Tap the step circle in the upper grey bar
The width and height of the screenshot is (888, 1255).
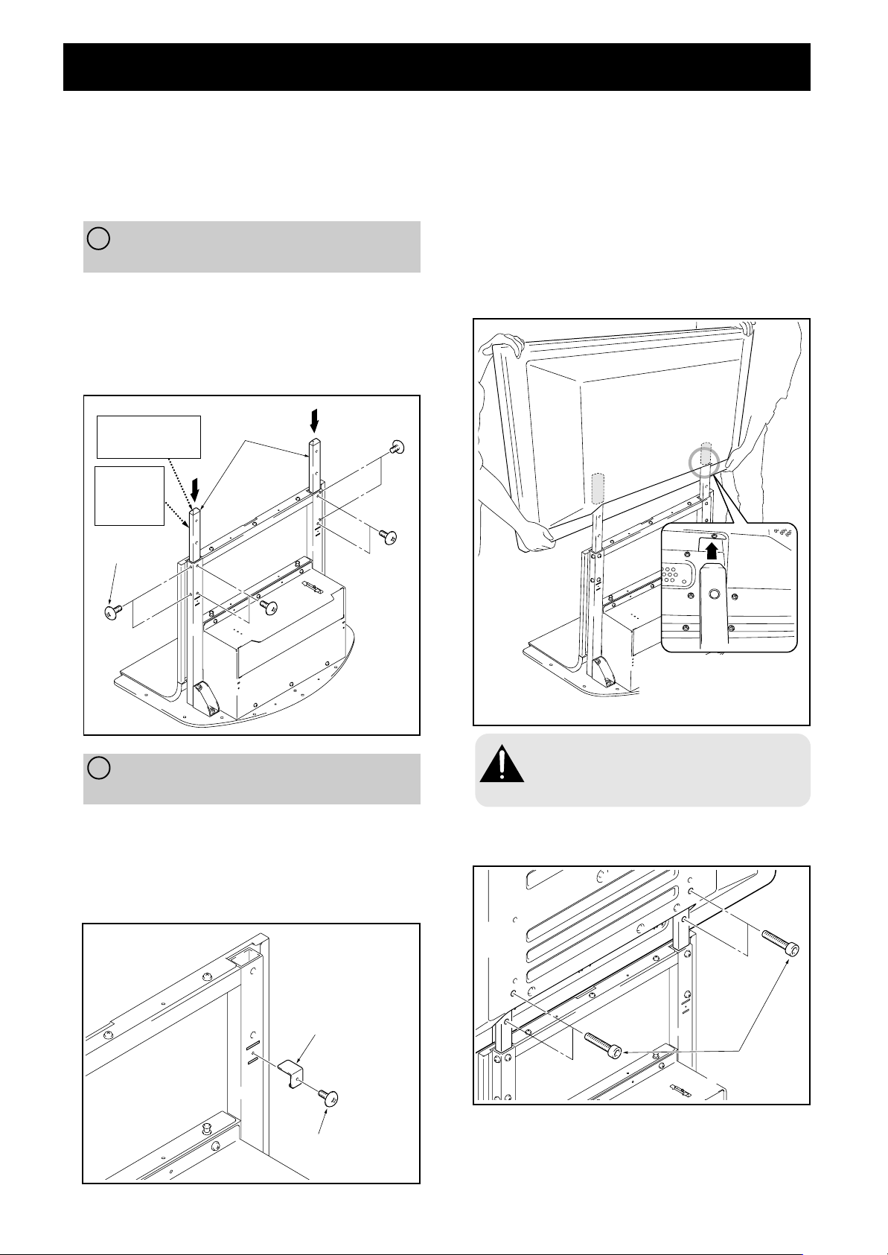[x=98, y=238]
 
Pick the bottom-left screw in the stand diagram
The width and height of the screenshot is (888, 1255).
[x=113, y=611]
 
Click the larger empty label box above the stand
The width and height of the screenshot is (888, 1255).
[x=149, y=437]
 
